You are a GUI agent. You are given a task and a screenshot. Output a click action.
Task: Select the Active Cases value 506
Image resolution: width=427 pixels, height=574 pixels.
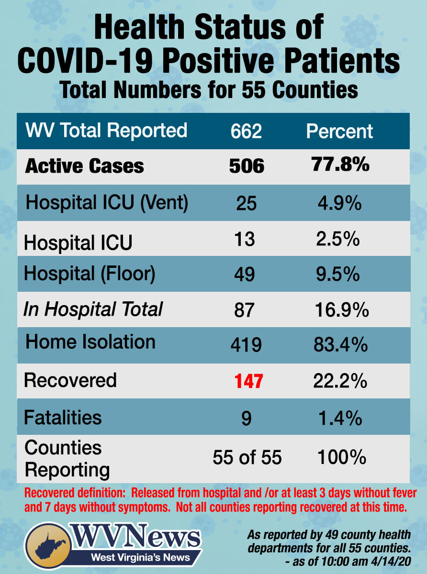click(247, 166)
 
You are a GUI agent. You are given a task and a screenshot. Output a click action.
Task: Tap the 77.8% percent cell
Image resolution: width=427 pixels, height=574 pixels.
click(340, 165)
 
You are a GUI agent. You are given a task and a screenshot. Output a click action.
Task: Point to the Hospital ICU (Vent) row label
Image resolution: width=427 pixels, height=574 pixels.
click(106, 203)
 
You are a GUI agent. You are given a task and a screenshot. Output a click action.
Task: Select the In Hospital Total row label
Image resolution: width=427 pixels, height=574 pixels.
click(93, 309)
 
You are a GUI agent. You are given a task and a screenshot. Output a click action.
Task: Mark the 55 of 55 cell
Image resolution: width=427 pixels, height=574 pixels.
click(247, 458)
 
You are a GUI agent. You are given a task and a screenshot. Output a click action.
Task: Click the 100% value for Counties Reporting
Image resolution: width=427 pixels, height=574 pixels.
click(341, 458)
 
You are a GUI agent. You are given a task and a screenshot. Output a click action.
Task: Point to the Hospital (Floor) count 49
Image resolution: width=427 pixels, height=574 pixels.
click(246, 275)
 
